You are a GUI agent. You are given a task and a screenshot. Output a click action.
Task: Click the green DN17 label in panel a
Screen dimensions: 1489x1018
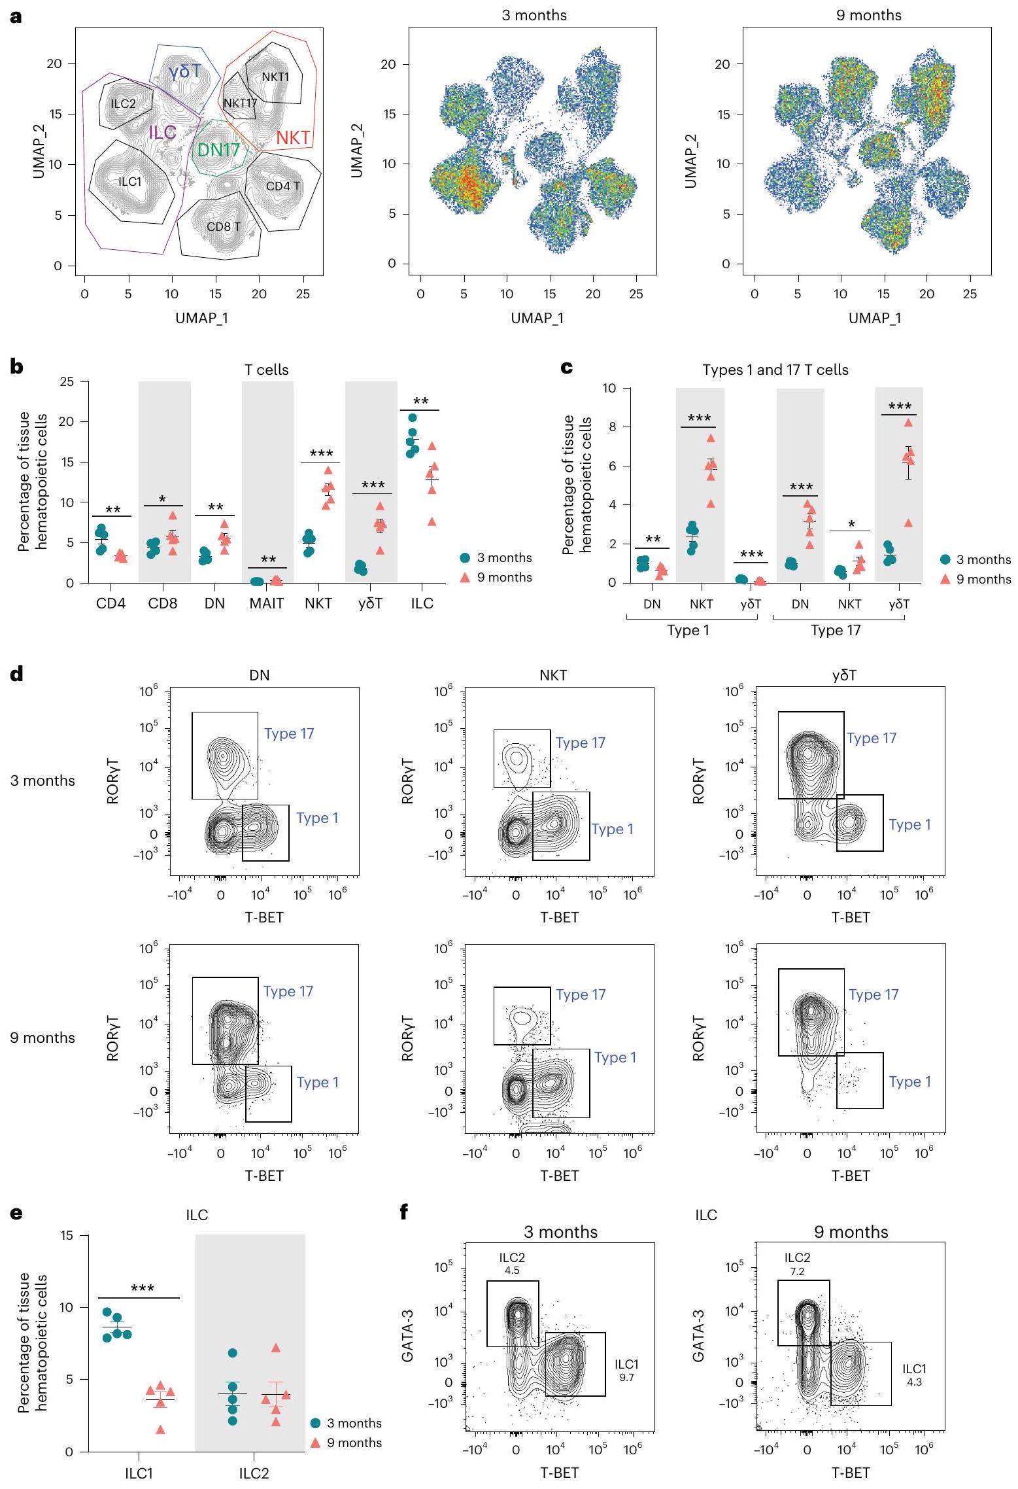pyautogui.click(x=219, y=150)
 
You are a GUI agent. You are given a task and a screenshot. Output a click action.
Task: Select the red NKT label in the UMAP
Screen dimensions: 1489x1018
pyautogui.click(x=293, y=137)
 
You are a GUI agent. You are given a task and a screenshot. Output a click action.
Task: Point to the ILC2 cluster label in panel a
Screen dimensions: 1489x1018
pyautogui.click(x=123, y=103)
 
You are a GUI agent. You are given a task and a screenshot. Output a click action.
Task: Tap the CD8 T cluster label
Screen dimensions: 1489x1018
pyautogui.click(x=224, y=227)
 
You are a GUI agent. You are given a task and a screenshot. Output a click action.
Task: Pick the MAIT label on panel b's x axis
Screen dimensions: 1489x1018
pyautogui.click(x=267, y=603)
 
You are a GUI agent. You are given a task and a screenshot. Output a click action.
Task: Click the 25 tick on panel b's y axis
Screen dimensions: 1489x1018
pyautogui.click(x=69, y=381)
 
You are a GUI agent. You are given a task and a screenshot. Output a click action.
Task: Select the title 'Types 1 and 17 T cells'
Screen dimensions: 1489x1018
pyautogui.click(x=775, y=370)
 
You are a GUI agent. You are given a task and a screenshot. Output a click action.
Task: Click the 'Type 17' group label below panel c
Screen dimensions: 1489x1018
pyautogui.click(x=836, y=630)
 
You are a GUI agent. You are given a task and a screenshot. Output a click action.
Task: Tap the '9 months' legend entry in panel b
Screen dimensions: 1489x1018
pyautogui.click(x=504, y=577)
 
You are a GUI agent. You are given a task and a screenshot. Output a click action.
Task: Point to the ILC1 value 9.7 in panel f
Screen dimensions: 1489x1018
pyautogui.click(x=626, y=1377)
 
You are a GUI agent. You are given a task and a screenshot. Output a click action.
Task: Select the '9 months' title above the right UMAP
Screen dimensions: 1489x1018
pyautogui.click(x=868, y=16)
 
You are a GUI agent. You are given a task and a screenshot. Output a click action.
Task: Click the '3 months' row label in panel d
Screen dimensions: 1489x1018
pyautogui.click(x=42, y=780)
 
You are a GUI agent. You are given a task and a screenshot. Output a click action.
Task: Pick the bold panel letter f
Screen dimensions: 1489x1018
pyautogui.click(x=405, y=1214)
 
